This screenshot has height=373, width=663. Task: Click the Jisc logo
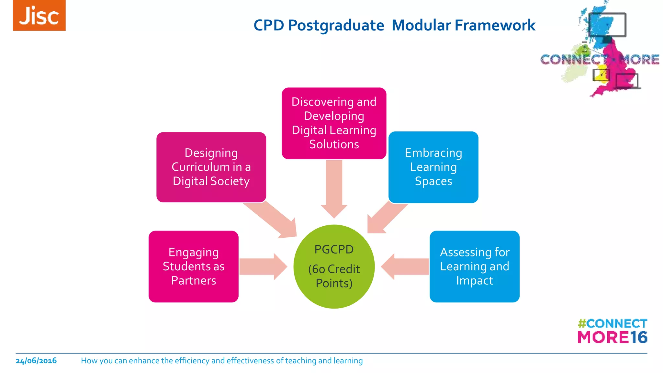(39, 15)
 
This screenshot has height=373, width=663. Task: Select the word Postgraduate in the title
(336, 25)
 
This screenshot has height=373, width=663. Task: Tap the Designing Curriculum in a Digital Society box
(211, 167)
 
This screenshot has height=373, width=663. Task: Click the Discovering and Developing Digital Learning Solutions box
(334, 123)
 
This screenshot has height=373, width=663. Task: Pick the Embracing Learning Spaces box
(433, 167)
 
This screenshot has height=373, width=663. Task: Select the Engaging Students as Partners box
(193, 266)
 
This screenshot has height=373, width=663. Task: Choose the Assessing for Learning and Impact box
(474, 266)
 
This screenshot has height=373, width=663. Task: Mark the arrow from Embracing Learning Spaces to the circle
(385, 218)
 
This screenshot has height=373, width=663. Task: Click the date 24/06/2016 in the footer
(36, 361)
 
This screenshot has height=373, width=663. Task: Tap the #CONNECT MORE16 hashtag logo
(612, 331)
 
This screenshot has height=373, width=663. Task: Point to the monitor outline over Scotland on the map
(607, 25)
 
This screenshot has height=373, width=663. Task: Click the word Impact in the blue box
(474, 280)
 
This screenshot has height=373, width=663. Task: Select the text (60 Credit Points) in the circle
(334, 276)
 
